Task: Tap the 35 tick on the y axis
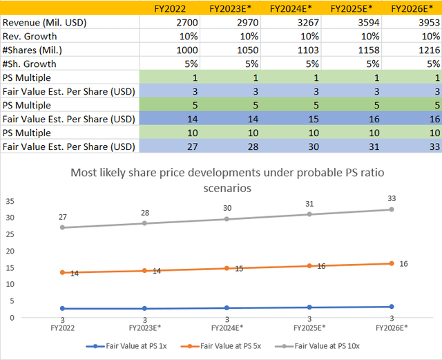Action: (10, 201)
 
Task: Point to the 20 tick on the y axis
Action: (10, 251)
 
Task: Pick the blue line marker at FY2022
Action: (62, 308)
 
